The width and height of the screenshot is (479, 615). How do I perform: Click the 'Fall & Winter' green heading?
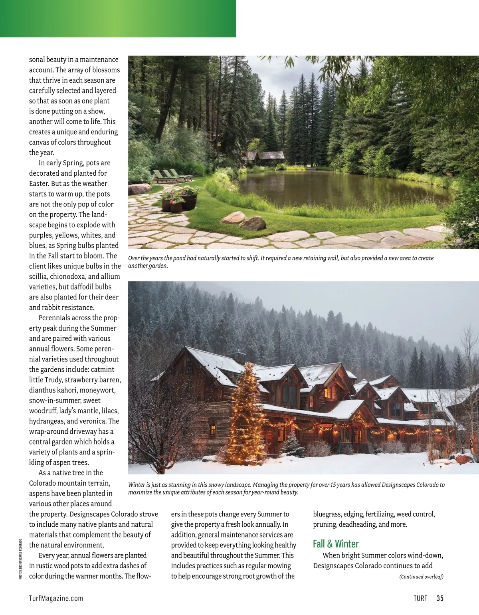[x=336, y=544]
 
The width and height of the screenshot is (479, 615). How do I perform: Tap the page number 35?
[x=440, y=598]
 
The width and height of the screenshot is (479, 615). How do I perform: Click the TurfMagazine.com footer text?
[x=56, y=598]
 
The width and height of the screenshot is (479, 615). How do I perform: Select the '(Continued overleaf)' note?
[x=421, y=577]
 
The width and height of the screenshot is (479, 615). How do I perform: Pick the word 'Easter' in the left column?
[x=39, y=184]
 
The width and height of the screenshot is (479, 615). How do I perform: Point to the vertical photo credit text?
[x=20, y=559]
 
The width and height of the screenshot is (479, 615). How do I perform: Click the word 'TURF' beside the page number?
[x=420, y=598]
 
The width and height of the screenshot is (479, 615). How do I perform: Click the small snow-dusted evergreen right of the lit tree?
[x=293, y=443]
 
